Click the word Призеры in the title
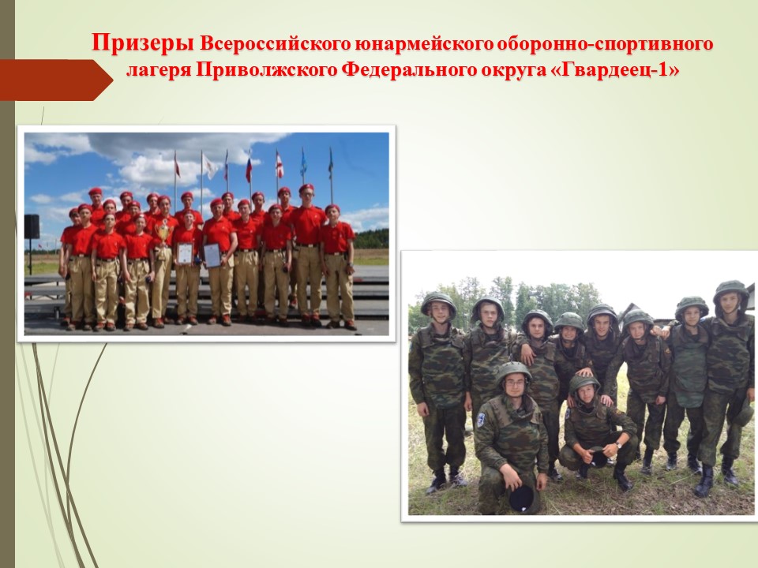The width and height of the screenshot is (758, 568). [143, 43]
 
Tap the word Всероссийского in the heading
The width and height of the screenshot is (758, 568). [275, 44]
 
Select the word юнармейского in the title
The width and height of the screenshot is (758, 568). [423, 44]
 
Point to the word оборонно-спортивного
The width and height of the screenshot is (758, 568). [605, 44]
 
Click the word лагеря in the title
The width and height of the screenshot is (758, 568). [158, 70]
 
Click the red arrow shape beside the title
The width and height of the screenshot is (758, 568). [56, 80]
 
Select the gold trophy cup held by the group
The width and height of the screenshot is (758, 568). [164, 232]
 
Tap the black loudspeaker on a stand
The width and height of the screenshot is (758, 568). [32, 226]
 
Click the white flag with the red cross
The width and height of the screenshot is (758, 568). [280, 165]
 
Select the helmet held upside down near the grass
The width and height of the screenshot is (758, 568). [524, 499]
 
